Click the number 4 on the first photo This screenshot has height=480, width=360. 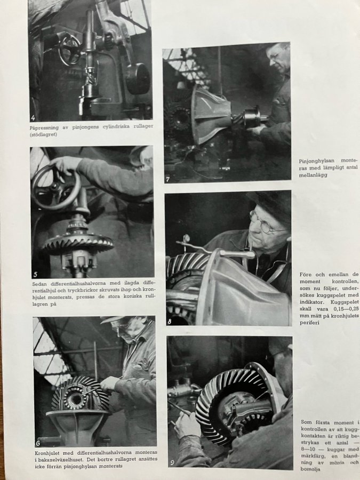(x=33, y=118)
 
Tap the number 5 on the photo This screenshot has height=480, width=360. (x=36, y=274)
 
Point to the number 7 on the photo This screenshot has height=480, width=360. (x=168, y=179)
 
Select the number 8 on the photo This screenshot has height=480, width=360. (x=170, y=322)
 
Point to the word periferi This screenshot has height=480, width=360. (x=309, y=323)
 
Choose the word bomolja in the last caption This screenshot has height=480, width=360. (x=310, y=469)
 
